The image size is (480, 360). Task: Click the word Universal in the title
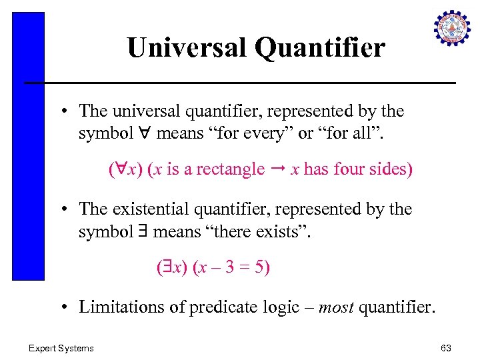(173, 48)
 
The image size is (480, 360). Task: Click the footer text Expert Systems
(61, 347)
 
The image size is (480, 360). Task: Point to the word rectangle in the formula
(233, 169)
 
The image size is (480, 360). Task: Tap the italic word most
(337, 307)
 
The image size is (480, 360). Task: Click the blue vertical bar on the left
(29, 147)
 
